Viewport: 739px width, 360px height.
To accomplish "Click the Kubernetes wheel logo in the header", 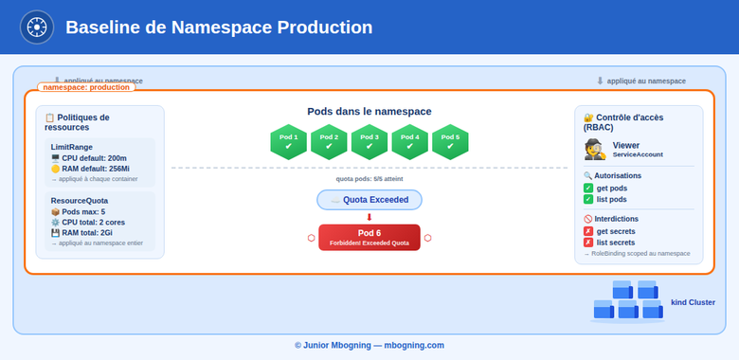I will pyautogui.click(x=37, y=27).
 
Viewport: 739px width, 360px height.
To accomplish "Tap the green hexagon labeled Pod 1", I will pyautogui.click(x=289, y=142).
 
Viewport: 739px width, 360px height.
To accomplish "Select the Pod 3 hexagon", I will pyautogui.click(x=369, y=142).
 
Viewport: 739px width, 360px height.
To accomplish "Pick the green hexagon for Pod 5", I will pyautogui.click(x=450, y=142).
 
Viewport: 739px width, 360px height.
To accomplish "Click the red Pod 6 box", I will pyautogui.click(x=369, y=237).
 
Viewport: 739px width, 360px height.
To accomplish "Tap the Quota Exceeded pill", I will pyautogui.click(x=369, y=200).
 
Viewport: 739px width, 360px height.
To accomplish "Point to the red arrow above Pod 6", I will pyautogui.click(x=369, y=217).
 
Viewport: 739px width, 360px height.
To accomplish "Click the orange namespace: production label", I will pyautogui.click(x=86, y=87).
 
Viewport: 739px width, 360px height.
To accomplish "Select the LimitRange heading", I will pyautogui.click(x=73, y=147).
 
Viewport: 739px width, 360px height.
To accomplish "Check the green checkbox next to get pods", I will pyautogui.click(x=588, y=188).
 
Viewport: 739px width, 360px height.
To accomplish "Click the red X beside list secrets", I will pyautogui.click(x=588, y=243).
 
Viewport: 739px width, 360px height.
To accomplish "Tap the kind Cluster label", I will pyautogui.click(x=693, y=302).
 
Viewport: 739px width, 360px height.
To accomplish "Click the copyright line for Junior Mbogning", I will pyautogui.click(x=369, y=345).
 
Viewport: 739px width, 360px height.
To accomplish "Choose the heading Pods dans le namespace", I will pyautogui.click(x=369, y=112).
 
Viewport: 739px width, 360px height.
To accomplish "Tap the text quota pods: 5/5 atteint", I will pyautogui.click(x=369, y=178).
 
